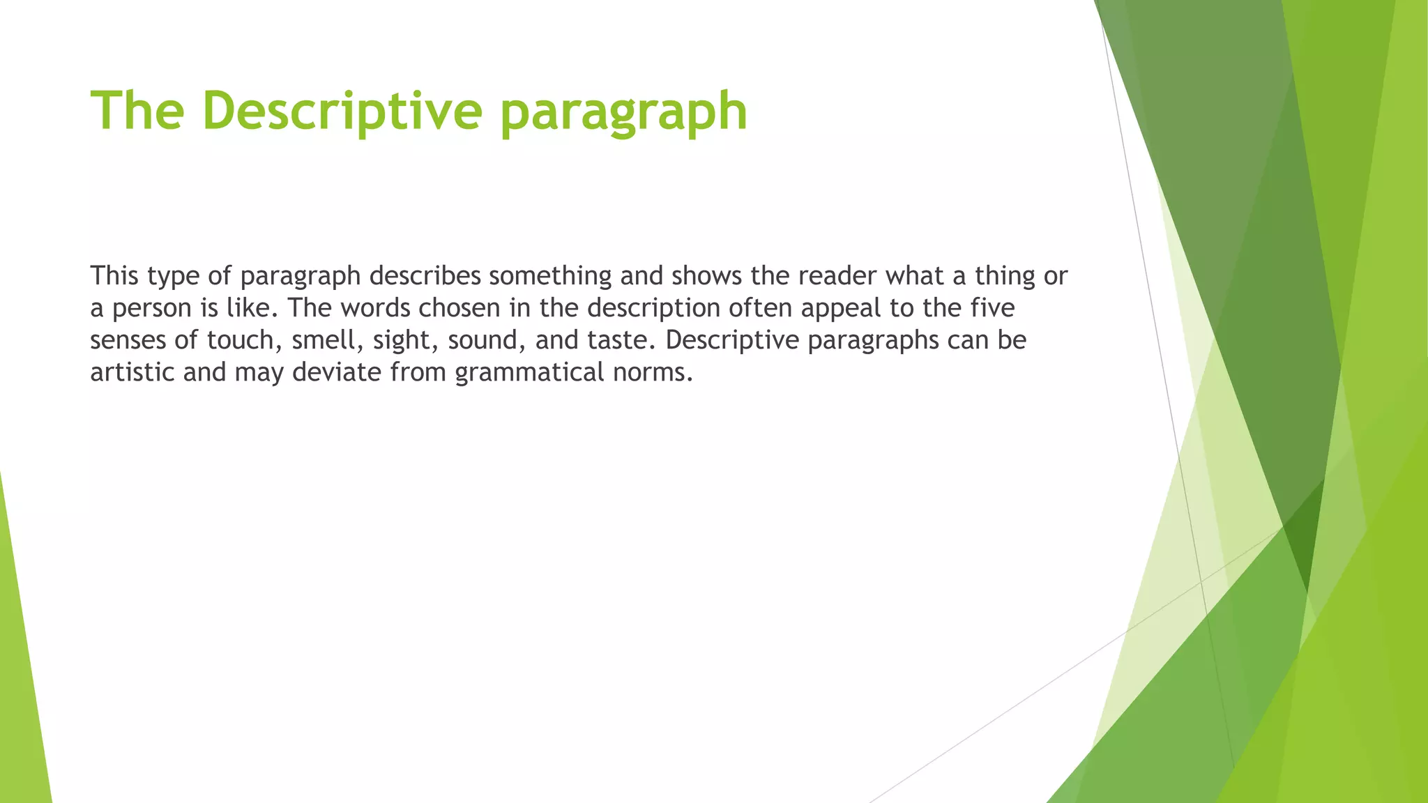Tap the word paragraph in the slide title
[x=624, y=113]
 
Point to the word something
[x=550, y=276]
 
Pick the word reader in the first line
[x=837, y=276]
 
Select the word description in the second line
[x=653, y=309]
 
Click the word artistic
[x=132, y=373]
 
